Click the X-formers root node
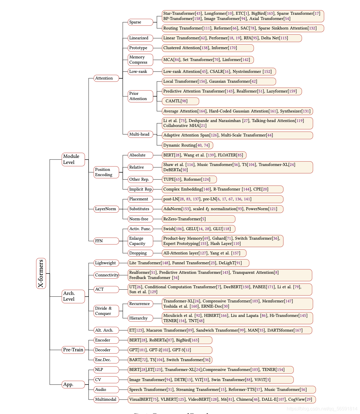(41, 273)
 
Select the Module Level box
(73, 159)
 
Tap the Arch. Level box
(73, 296)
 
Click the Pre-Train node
(73, 350)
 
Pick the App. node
(73, 385)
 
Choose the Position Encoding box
(106, 172)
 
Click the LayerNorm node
(106, 209)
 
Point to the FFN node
(106, 241)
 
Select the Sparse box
(140, 22)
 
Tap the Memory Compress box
(140, 60)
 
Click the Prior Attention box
(140, 96)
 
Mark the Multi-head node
(140, 134)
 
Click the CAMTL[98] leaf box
(180, 101)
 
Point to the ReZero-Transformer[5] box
(198, 219)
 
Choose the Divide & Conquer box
(106, 311)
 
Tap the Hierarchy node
(140, 318)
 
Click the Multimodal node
(106, 400)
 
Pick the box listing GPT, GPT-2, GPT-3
(170, 350)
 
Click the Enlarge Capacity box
(140, 241)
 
